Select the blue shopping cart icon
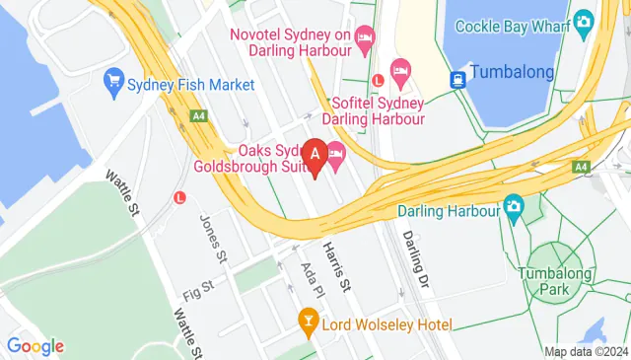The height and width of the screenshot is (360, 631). [x=114, y=79]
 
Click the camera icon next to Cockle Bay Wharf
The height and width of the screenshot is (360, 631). [x=584, y=20]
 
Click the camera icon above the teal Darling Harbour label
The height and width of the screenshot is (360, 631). [x=513, y=207]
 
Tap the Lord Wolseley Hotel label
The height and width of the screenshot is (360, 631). [x=386, y=324]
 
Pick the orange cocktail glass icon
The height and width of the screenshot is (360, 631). [x=308, y=321]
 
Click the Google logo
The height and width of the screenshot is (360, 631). [x=35, y=345]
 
